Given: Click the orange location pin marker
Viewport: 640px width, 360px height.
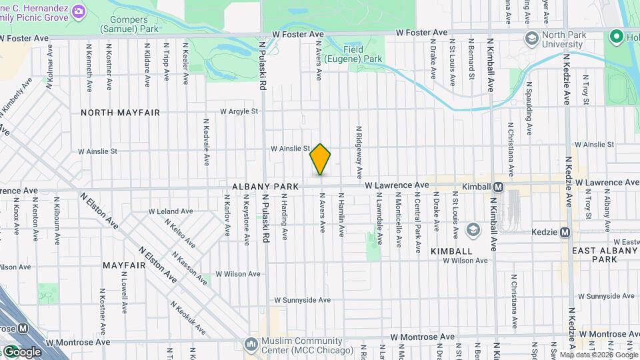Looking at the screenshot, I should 320,159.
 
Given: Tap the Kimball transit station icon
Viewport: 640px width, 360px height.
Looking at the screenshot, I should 497,187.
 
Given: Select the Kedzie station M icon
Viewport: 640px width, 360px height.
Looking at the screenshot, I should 565,232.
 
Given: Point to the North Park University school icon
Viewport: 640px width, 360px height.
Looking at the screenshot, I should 531,37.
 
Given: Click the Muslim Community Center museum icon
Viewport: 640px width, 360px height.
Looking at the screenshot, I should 251,345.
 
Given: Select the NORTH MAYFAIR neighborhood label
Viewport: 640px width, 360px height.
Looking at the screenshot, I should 120,113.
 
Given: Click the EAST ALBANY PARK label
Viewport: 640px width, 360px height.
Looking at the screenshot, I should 604,255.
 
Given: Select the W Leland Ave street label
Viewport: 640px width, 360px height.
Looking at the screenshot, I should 170,211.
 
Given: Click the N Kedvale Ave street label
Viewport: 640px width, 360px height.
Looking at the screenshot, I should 207,142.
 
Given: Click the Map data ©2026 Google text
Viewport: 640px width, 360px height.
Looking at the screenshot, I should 598,355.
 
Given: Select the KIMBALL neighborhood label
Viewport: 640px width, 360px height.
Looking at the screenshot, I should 451,251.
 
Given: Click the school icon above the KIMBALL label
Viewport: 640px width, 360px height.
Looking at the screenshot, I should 473,230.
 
